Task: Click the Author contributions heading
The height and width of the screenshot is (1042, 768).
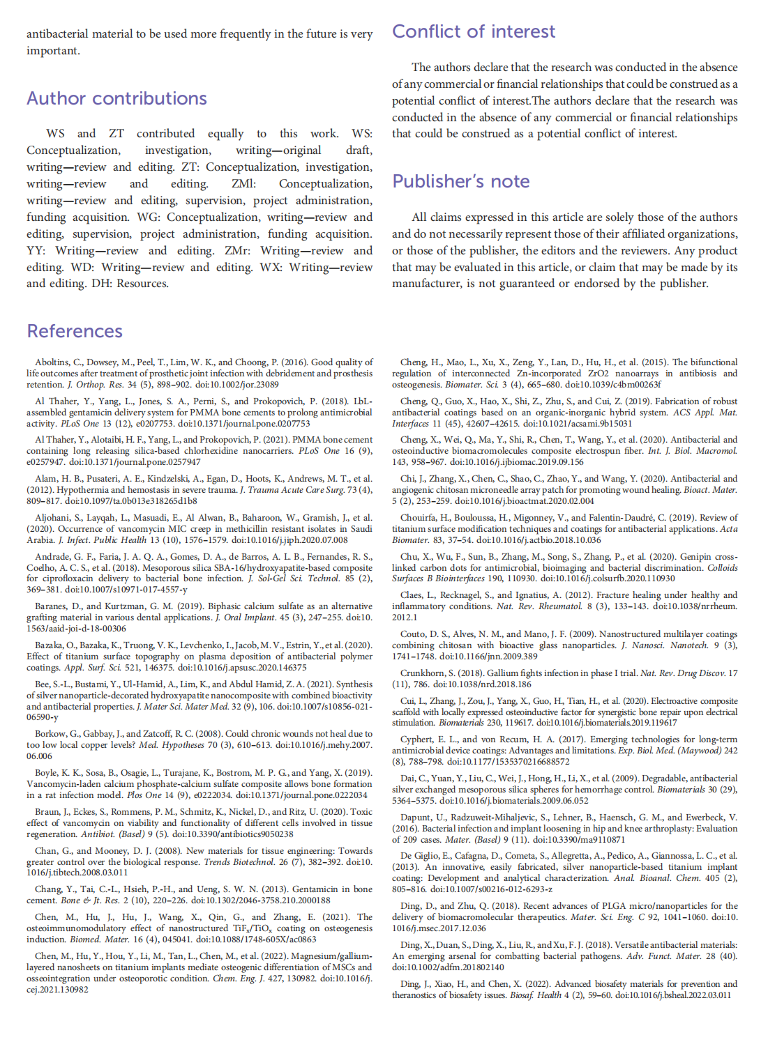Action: coord(116,98)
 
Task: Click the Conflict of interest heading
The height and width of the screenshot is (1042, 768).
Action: coord(474,31)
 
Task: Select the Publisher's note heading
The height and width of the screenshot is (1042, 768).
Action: coord(460,181)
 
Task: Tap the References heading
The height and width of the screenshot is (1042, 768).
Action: coord(75,331)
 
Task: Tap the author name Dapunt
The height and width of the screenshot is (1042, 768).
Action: coord(416,818)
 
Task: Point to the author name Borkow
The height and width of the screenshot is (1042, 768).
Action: coord(51,734)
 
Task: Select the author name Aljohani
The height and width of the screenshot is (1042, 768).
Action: coord(54,518)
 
